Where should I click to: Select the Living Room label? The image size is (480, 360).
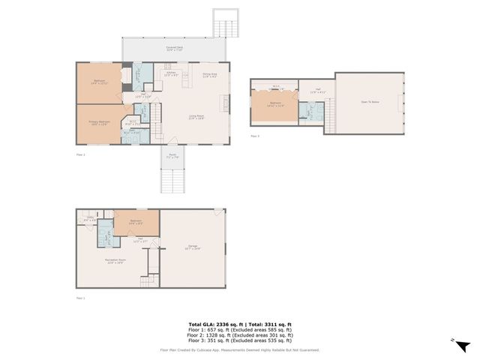tap(196, 118)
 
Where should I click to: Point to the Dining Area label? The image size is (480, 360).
tap(210, 75)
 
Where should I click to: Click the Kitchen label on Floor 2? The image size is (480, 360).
tap(171, 74)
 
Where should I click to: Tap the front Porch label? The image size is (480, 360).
tap(173, 157)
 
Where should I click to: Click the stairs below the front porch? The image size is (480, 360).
tap(173, 180)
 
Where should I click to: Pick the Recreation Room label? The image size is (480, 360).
tap(115, 261)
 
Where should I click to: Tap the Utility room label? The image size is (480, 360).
tap(89, 219)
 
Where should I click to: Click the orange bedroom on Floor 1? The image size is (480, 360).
tap(136, 222)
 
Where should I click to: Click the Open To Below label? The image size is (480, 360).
tap(370, 103)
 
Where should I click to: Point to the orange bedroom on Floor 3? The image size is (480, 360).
tap(275, 105)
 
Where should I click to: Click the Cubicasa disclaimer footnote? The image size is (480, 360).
tap(239, 349)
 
